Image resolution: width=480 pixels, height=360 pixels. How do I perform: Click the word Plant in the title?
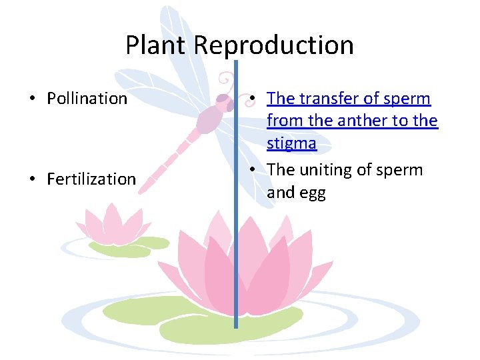[x=157, y=45]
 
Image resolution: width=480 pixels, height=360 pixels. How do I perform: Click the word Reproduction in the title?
[x=274, y=45]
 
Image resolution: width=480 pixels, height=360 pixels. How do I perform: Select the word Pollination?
[x=87, y=99]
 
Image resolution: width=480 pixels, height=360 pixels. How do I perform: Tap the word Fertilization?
[x=91, y=179]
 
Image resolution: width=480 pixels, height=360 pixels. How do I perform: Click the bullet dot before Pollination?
[x=31, y=99]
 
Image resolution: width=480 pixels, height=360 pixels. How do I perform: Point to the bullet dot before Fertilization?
[x=31, y=179]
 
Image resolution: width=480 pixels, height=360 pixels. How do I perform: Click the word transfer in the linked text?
[x=325, y=99]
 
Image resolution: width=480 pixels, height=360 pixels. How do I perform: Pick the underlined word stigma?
[x=291, y=143]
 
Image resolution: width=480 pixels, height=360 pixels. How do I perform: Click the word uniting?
[x=326, y=170]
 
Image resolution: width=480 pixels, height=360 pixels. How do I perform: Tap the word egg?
[x=313, y=193]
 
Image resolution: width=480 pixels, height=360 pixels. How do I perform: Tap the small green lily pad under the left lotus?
[x=120, y=249]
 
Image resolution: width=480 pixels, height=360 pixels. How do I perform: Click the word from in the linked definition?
[x=283, y=121]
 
